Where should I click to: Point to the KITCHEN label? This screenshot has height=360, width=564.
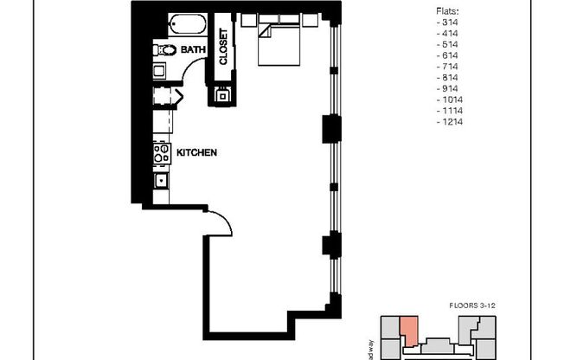pos(196,152)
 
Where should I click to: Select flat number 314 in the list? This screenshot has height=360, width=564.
pos(449,22)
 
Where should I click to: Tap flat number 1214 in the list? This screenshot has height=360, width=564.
pos(451,122)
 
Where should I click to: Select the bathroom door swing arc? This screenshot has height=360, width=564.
pos(192,68)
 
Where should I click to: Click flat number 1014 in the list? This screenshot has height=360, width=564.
pos(451,100)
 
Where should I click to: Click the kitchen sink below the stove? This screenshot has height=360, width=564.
pos(160,181)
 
